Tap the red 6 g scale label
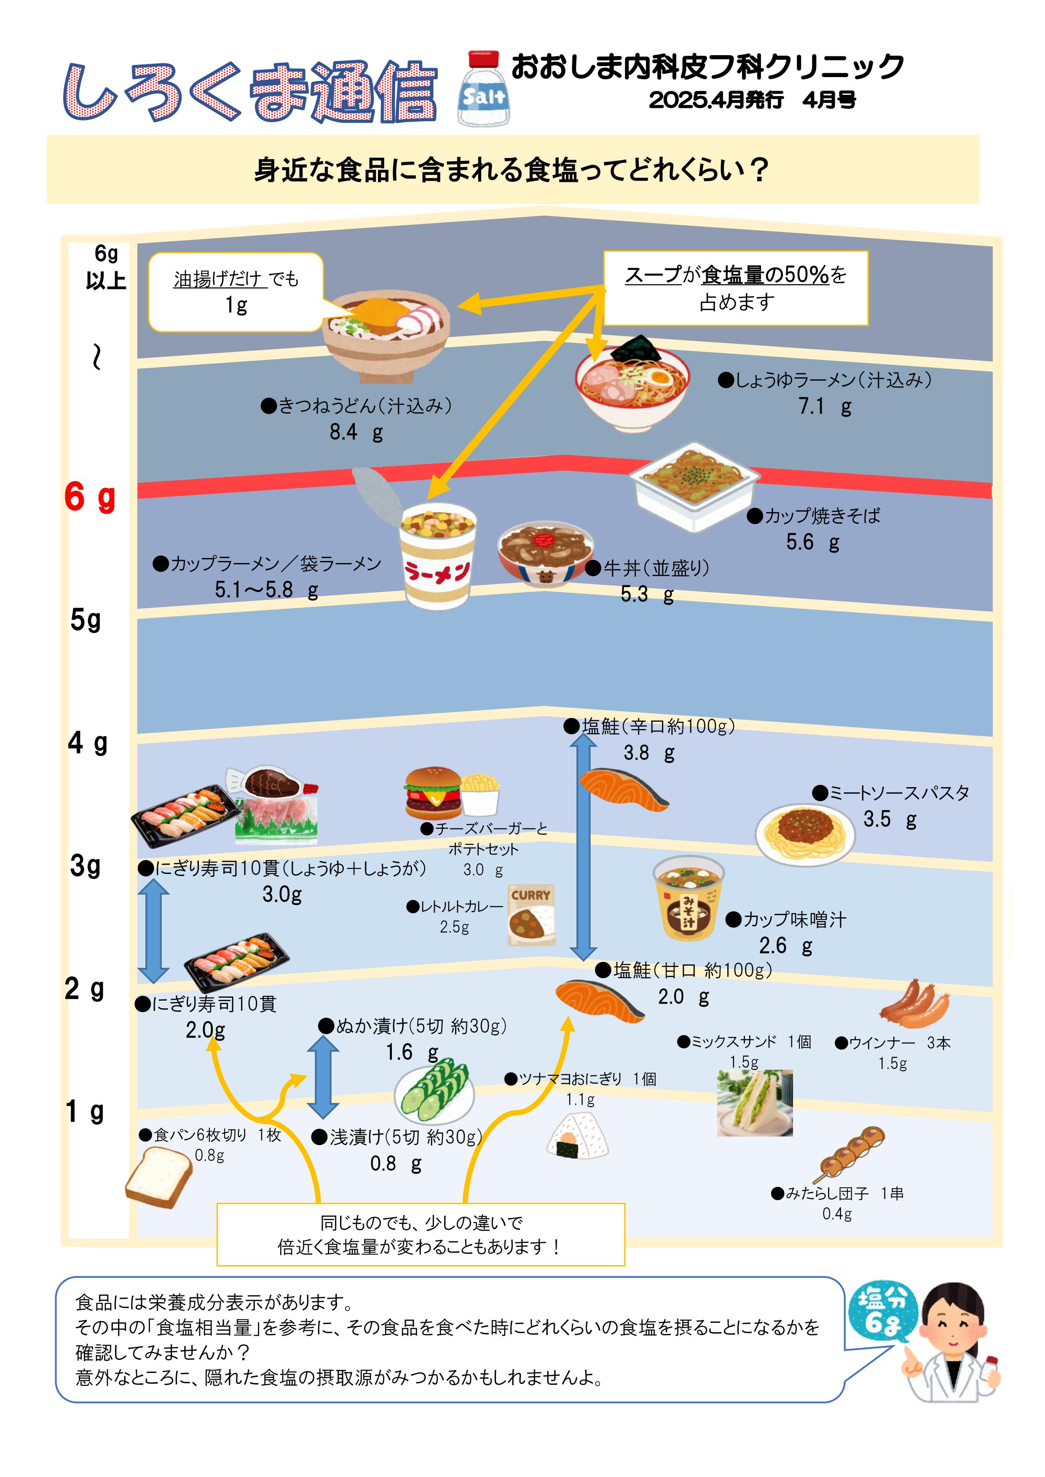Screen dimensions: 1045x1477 (90, 497)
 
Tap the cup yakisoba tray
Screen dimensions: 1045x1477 (694, 486)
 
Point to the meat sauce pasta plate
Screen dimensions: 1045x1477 (805, 833)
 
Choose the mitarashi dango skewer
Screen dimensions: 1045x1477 (851, 1155)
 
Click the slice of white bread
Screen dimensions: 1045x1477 (158, 1177)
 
